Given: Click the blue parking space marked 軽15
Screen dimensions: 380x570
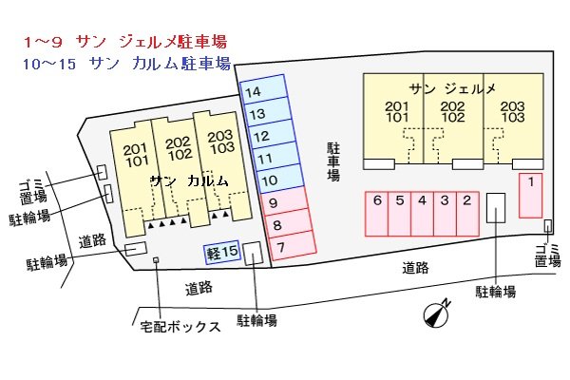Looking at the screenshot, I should [222, 253].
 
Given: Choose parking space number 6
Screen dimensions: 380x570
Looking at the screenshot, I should [377, 213].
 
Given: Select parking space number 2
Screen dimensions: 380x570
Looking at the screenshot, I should [466, 213].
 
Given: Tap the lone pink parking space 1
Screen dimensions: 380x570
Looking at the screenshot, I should [530, 194].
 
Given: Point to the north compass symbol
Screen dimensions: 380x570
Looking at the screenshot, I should [436, 313].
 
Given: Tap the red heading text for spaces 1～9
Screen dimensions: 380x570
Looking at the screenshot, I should [124, 43].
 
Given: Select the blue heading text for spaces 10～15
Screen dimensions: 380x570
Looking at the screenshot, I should [124, 65].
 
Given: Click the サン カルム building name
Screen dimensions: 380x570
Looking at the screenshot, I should [189, 180].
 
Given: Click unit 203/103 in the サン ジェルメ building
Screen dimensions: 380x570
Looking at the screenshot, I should [511, 112].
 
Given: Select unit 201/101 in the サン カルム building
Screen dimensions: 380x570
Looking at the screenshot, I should [136, 154].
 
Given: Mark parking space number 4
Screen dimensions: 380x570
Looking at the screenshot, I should [422, 213].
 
